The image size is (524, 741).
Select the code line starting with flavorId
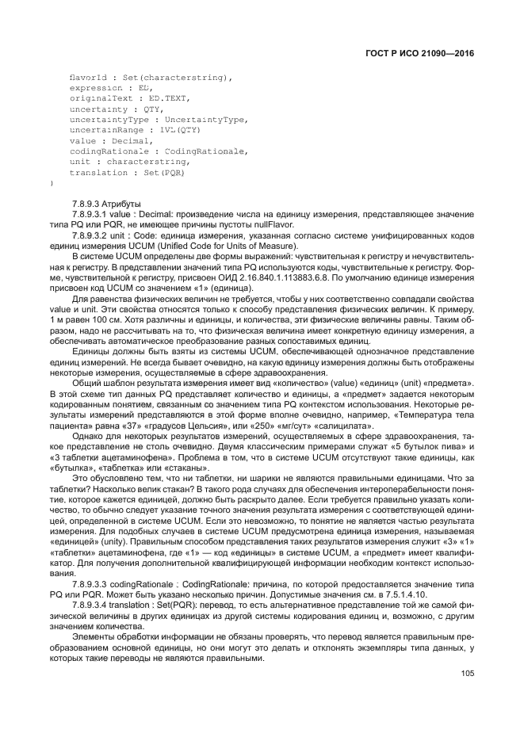pos(151,77)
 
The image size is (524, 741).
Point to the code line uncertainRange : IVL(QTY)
pos(135,129)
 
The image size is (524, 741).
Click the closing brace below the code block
pos(52,183)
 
